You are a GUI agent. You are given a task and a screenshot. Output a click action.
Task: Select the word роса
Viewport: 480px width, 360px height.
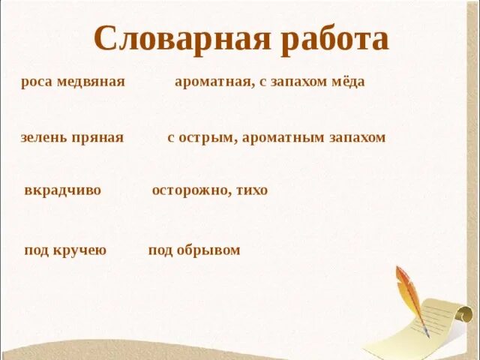click(x=36, y=82)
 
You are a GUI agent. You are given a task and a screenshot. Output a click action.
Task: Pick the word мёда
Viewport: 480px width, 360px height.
click(x=349, y=82)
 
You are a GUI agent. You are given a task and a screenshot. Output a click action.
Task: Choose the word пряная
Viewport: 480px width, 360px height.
click(x=98, y=138)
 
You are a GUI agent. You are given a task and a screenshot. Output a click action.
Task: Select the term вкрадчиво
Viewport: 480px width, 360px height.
click(x=62, y=190)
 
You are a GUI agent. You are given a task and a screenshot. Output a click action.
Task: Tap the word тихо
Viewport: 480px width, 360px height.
click(x=251, y=190)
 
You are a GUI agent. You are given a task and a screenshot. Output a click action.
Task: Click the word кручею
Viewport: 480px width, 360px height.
click(x=79, y=250)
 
